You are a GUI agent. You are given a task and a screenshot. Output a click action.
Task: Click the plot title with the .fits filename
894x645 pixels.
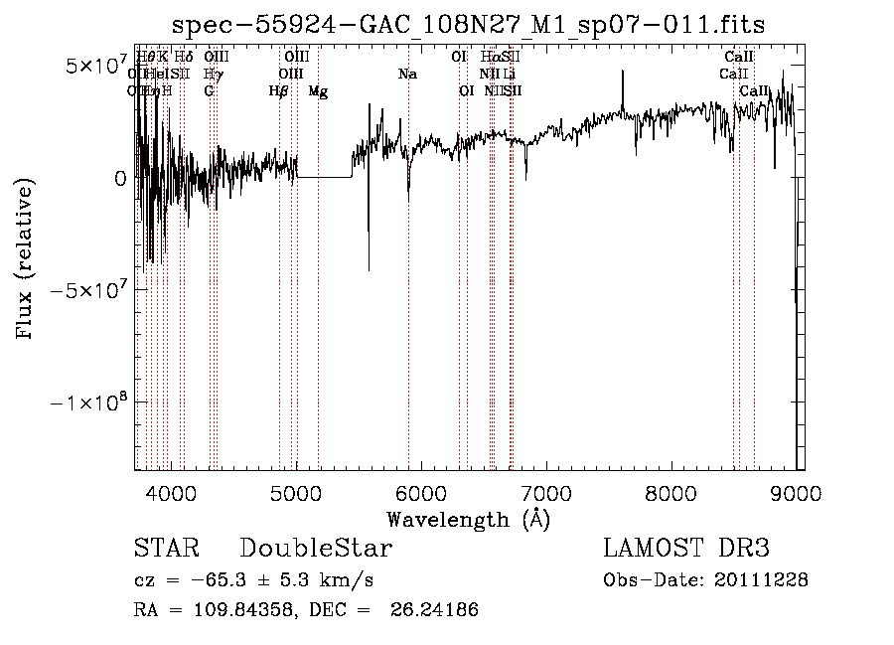click(468, 24)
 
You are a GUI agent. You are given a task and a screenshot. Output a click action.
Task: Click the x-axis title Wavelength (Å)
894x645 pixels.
click(468, 519)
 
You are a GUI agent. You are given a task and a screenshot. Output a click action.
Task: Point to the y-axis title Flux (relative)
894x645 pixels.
click(25, 258)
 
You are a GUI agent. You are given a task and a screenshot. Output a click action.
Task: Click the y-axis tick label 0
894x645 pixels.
click(119, 179)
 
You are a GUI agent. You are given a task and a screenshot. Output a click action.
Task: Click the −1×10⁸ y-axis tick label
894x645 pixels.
click(90, 403)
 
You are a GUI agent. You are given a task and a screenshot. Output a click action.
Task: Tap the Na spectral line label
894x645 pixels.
click(407, 75)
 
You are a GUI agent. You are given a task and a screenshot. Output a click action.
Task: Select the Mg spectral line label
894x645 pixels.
click(318, 91)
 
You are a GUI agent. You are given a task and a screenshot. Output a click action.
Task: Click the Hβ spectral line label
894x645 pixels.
click(279, 91)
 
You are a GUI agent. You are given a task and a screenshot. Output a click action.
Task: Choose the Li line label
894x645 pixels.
click(509, 75)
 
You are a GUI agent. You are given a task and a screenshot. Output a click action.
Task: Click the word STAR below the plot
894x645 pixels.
click(166, 549)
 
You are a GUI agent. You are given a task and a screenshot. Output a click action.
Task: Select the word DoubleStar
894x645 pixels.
click(316, 549)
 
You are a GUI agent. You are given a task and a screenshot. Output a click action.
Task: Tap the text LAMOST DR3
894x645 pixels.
click(686, 549)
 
